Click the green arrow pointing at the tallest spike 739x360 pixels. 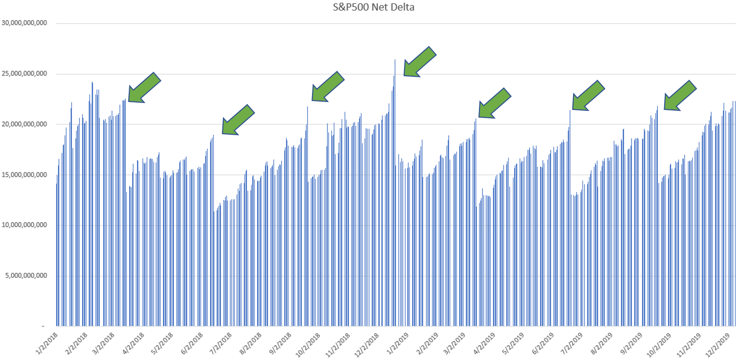(x=420, y=62)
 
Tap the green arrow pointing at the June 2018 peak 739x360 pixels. (x=238, y=120)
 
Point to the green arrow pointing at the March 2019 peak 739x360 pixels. (x=494, y=103)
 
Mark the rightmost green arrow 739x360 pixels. (x=680, y=95)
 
